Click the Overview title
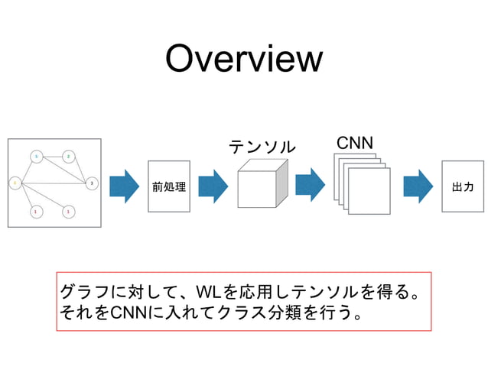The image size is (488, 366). (x=244, y=59)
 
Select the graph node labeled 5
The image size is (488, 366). (x=36, y=157)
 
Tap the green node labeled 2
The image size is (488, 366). (x=69, y=157)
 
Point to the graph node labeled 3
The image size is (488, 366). (x=92, y=183)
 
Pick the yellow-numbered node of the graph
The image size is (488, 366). (x=15, y=183)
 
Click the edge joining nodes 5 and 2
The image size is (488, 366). (x=52, y=157)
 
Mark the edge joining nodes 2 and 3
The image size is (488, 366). (x=80, y=170)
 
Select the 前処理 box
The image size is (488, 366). (x=168, y=186)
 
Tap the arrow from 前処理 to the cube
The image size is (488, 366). (x=213, y=186)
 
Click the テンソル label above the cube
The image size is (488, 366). (x=262, y=146)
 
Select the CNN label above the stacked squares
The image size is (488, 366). (x=354, y=143)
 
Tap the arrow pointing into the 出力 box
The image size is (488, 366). (x=418, y=186)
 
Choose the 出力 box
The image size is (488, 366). (x=463, y=186)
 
